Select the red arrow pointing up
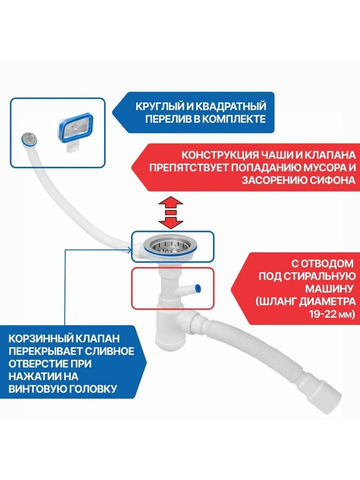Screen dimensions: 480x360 tap(171, 203)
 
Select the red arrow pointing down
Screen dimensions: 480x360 tap(171, 222)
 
